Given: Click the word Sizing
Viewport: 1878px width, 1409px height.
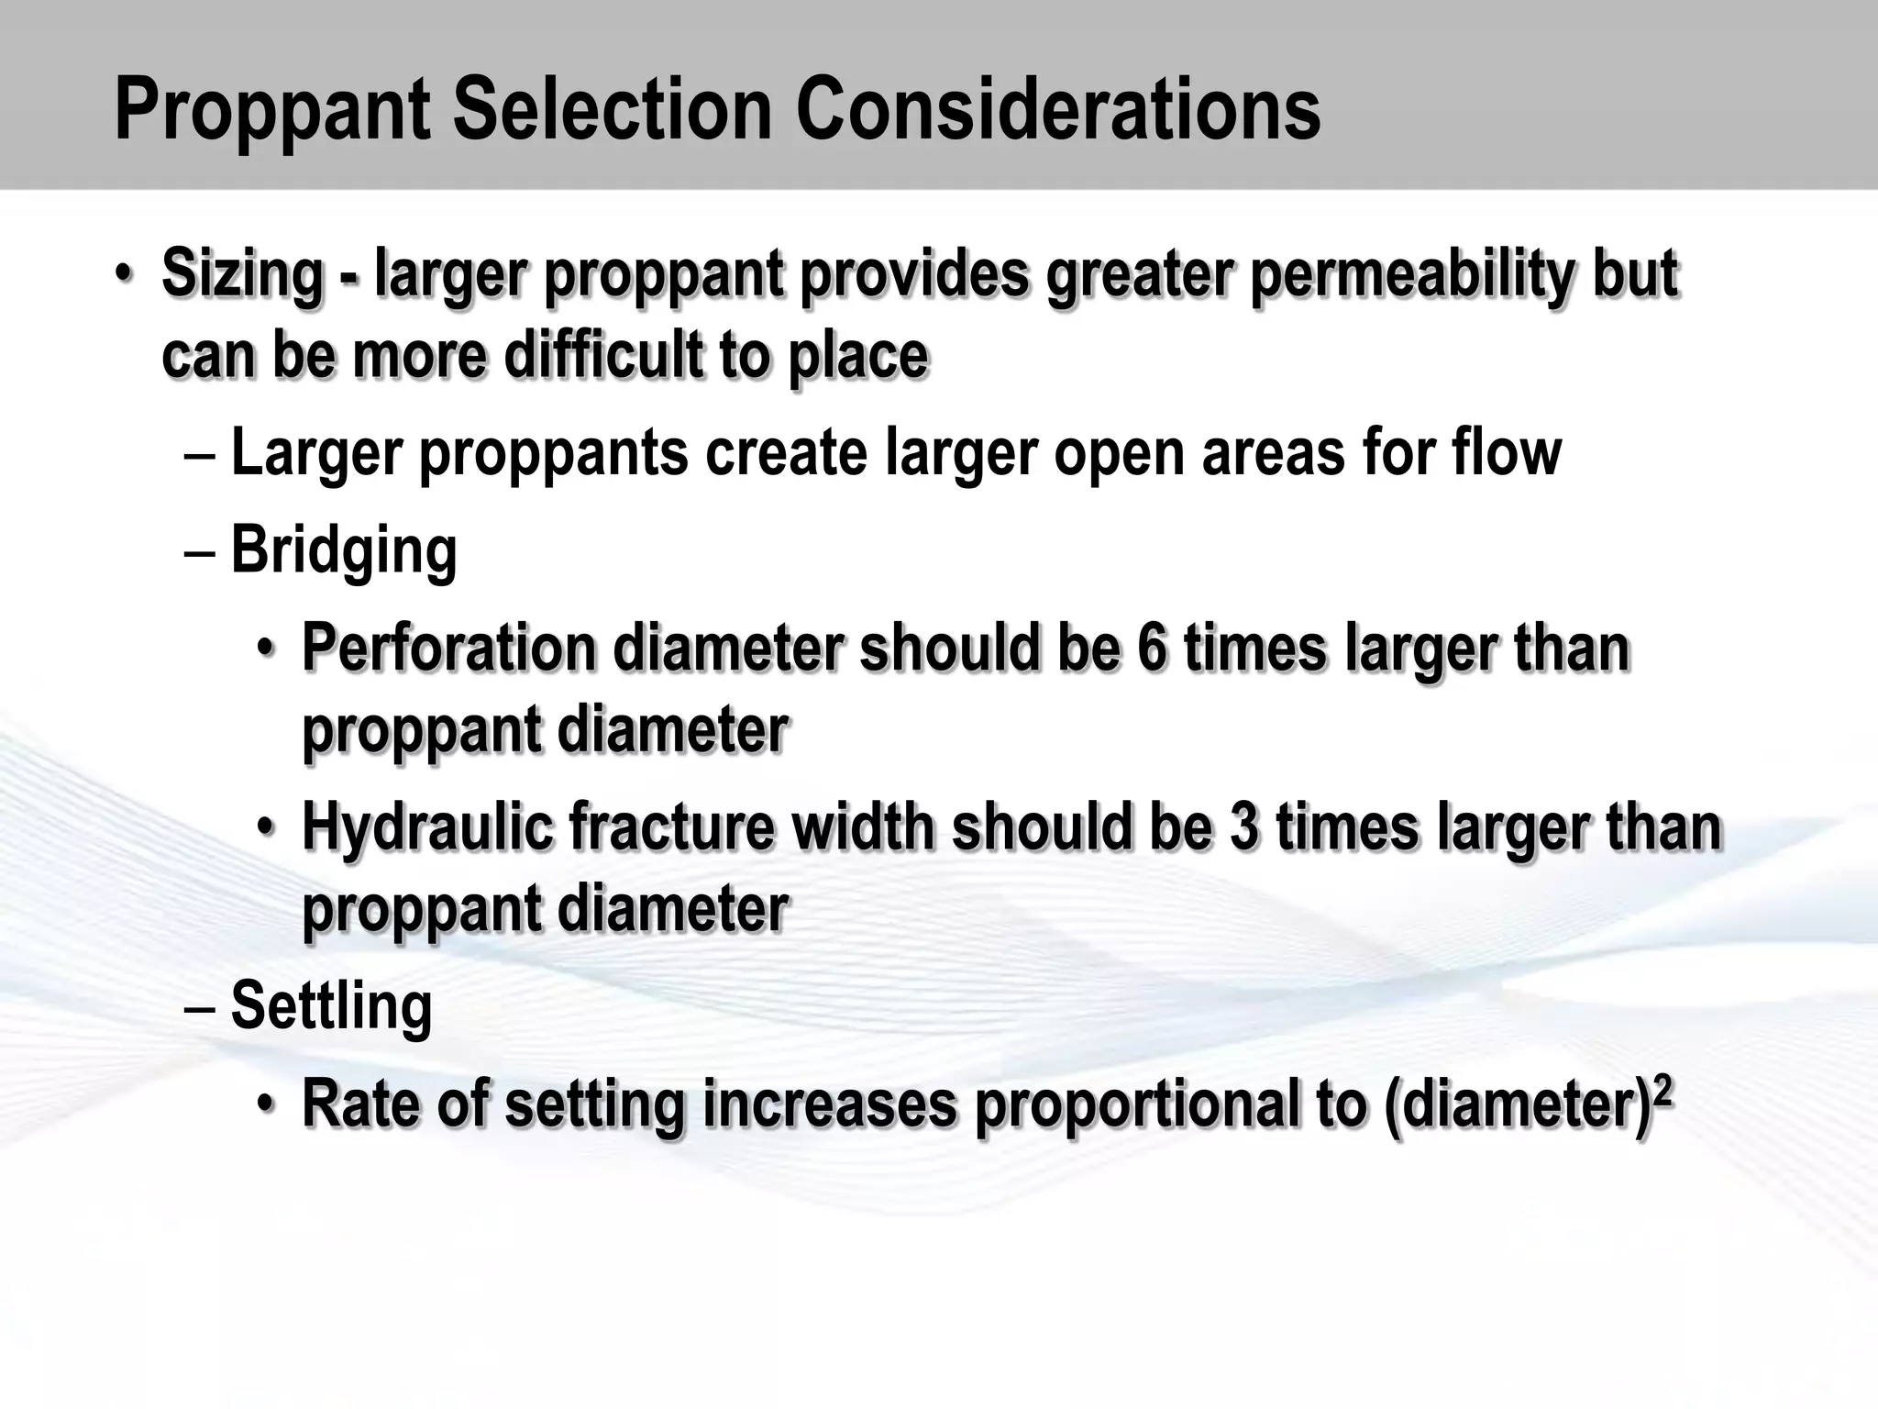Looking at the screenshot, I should [242, 275].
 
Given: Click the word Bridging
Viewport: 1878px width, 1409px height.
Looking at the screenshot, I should [344, 550].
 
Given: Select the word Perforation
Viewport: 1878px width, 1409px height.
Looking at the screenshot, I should [449, 648].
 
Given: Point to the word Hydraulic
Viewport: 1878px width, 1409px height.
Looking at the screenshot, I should [427, 827].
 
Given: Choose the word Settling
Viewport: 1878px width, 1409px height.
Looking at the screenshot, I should [331, 1005].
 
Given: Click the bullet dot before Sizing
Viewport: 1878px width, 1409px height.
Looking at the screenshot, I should [124, 275].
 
